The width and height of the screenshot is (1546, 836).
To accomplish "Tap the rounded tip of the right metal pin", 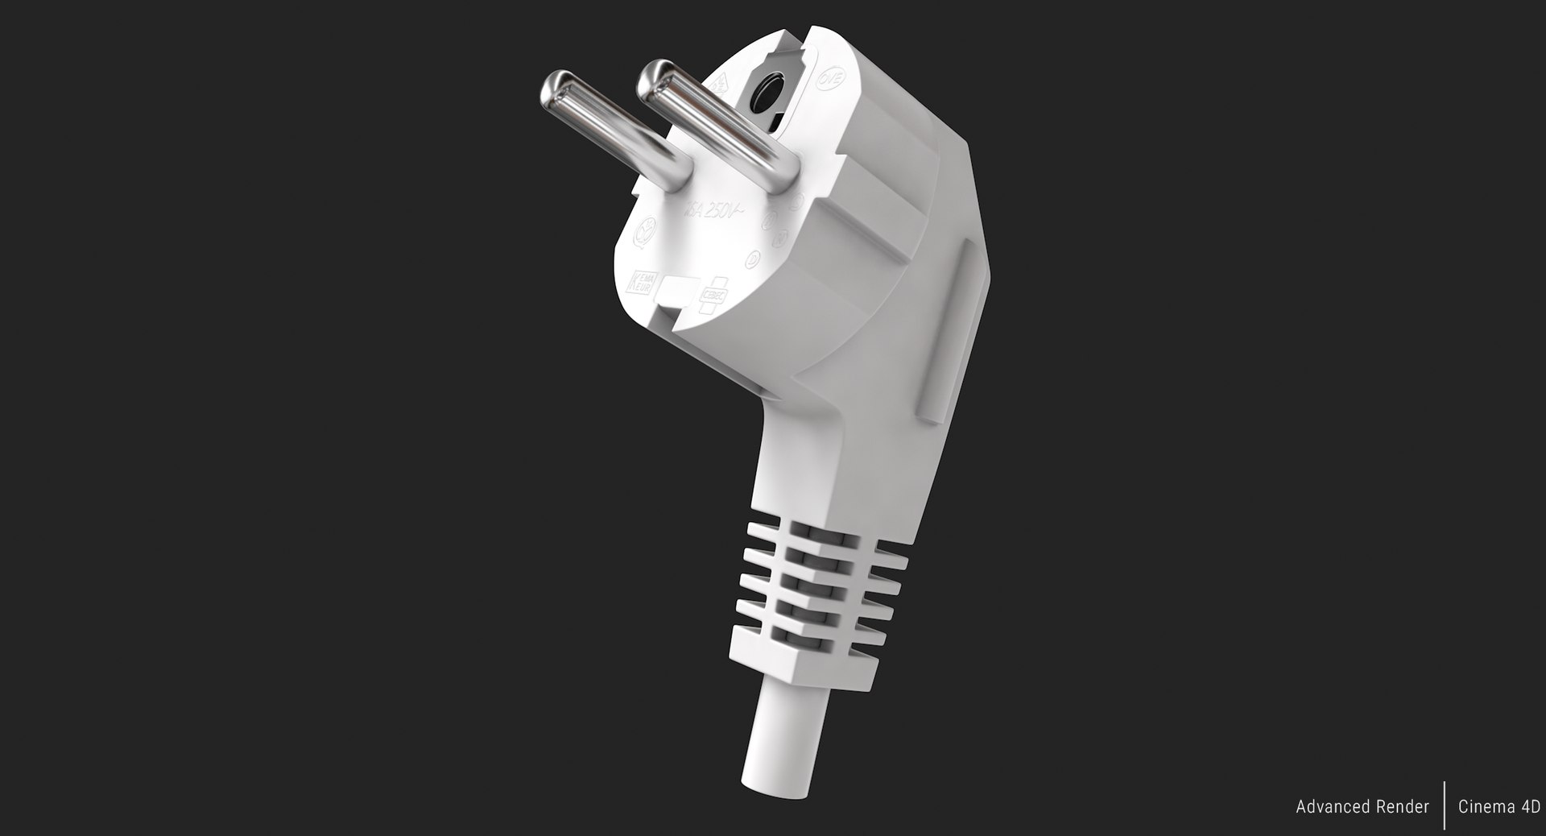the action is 655,77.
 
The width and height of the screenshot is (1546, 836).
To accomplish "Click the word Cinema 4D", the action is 1498,807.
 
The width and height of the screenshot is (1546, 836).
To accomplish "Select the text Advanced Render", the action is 1362,807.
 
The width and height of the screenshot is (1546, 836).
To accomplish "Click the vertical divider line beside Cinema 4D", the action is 1444,805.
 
